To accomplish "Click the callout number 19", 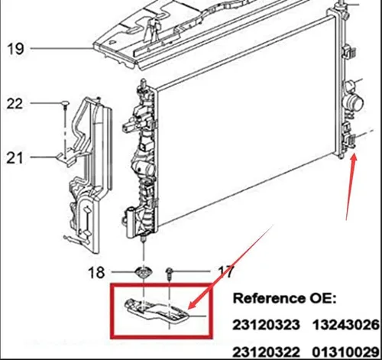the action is [15, 48].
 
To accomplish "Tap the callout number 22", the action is [15, 103].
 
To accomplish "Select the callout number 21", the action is [15, 157].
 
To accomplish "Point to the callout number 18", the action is [96, 272].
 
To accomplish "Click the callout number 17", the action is [226, 271].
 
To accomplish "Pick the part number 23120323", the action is [266, 325].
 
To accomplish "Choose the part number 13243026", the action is [347, 325].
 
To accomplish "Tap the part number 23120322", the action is [266, 352].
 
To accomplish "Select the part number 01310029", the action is [347, 352].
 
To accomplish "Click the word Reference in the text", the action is [269, 298].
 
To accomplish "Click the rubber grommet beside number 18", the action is [144, 273].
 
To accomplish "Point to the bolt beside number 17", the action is [169, 273].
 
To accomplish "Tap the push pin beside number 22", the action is [66, 105].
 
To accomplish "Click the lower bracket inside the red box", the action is [157, 310].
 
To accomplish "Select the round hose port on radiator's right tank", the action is [353, 102].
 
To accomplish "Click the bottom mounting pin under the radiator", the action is [144, 239].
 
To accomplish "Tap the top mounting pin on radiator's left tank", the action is [144, 83].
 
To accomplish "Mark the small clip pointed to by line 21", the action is [66, 159].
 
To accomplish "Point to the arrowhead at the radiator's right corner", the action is [354, 158].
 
